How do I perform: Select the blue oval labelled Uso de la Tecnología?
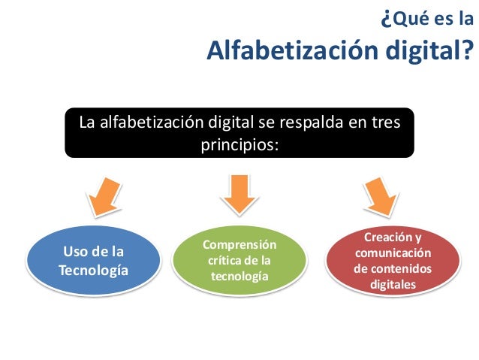[93, 261]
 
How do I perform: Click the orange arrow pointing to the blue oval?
[101, 196]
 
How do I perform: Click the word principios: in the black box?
[239, 142]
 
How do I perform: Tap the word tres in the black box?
[387, 121]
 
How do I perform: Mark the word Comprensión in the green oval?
[239, 245]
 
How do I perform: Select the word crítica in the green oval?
[223, 261]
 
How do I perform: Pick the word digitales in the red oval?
[393, 285]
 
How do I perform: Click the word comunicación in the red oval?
[393, 253]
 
